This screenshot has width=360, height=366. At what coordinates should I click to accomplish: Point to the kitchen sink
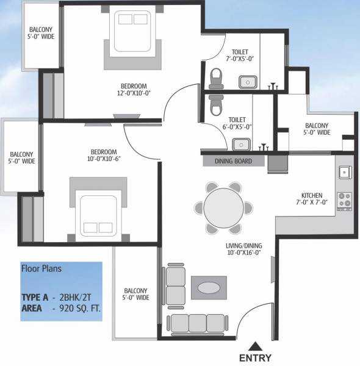(x=345, y=173)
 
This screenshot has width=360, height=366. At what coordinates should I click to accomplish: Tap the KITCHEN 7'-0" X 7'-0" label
(x=312, y=198)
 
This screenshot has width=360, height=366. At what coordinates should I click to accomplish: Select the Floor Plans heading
(x=41, y=268)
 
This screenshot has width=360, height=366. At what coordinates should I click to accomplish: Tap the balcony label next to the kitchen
(x=317, y=129)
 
